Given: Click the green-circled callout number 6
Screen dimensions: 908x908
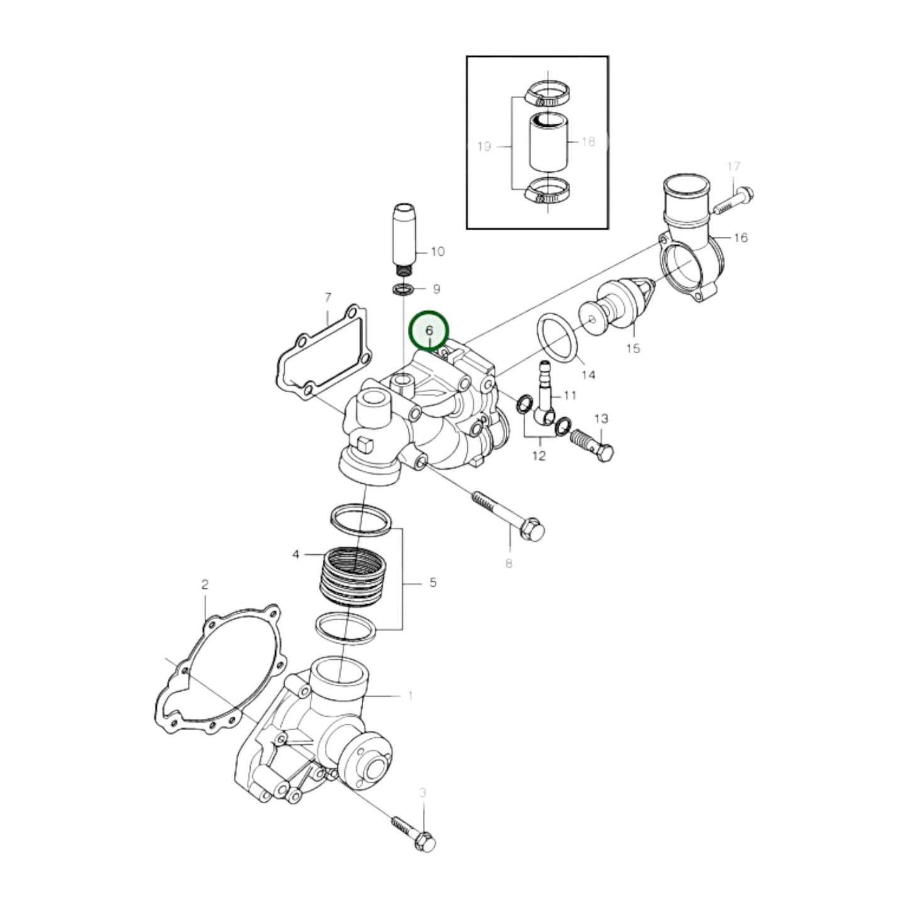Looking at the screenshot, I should pos(429,331).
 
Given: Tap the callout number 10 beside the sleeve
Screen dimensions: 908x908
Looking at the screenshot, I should pos(437,251).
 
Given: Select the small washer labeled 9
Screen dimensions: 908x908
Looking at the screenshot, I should pos(400,290).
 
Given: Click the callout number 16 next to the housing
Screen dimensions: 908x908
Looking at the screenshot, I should pos(740,238).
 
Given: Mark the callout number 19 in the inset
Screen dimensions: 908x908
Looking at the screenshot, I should pos(484,146).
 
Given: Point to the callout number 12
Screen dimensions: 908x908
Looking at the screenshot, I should pos(539,455).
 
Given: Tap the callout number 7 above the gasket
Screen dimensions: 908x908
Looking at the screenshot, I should pos(327,297).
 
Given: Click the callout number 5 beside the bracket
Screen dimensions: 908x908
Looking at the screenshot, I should pos(433,583).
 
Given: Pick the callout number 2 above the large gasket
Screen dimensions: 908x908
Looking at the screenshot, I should pos(204,585).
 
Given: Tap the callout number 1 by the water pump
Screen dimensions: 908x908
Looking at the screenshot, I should pos(410,696).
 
